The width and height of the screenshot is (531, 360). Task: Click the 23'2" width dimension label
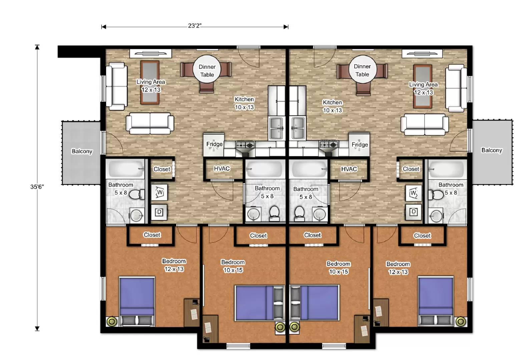click(195, 26)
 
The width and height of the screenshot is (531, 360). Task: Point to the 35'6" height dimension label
click(37, 187)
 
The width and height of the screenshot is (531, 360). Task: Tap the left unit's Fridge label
click(214, 144)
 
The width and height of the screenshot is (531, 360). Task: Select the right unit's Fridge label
click(360, 144)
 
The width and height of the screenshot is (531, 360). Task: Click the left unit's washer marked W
click(159, 193)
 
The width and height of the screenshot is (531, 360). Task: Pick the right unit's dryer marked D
click(414, 212)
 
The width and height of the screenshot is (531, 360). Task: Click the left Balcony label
click(82, 151)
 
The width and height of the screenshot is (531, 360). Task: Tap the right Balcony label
click(492, 150)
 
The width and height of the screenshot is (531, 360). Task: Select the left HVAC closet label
click(222, 169)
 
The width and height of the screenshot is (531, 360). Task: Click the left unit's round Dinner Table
click(207, 71)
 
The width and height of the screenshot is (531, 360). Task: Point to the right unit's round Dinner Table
click(362, 70)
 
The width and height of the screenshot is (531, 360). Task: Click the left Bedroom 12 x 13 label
click(174, 265)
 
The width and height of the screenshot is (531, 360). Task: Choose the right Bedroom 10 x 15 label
click(339, 268)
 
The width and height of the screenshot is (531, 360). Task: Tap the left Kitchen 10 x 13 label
click(244, 103)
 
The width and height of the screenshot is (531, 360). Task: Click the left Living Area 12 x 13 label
click(151, 86)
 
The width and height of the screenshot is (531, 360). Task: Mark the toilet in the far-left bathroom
click(136, 194)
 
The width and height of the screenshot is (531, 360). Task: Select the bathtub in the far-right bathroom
click(446, 169)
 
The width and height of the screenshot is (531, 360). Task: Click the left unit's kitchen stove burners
click(245, 145)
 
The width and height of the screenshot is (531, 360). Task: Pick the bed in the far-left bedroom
click(137, 297)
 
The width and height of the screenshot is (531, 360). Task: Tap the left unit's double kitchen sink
click(277, 128)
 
